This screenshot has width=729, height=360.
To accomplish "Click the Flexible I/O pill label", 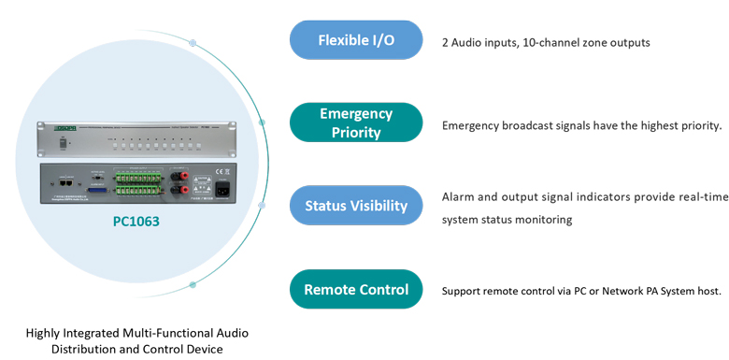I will (356, 40).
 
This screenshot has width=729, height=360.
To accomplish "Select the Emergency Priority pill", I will (356, 122).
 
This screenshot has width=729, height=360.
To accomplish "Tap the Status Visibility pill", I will (356, 206).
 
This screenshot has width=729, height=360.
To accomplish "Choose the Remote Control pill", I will (356, 289).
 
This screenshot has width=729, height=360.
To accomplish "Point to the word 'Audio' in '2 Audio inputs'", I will (468, 42).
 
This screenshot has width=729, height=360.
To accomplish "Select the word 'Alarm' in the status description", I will (460, 197).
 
